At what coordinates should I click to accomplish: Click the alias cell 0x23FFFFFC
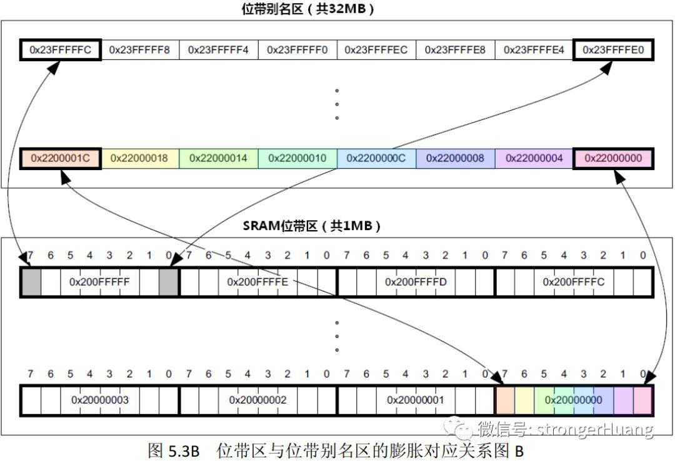click(60, 50)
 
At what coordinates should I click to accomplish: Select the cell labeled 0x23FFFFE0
click(613, 50)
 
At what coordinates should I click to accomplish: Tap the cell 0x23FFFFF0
click(297, 50)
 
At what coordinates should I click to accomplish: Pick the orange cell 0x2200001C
click(60, 158)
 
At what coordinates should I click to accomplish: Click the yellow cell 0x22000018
click(139, 158)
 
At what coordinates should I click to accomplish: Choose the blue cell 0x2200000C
click(376, 158)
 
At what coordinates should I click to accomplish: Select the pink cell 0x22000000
click(613, 158)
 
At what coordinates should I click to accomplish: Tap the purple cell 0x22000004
click(534, 158)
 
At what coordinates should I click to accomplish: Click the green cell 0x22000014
click(218, 158)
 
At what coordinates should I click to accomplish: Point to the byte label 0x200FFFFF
click(99, 281)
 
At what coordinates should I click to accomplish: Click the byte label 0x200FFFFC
click(573, 281)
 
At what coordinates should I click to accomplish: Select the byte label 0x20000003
click(100, 400)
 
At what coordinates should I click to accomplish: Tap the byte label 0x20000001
click(416, 400)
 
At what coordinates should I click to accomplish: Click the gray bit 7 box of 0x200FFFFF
click(31, 281)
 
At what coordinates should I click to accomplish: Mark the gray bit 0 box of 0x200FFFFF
click(168, 281)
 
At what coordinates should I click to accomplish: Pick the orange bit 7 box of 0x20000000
click(506, 400)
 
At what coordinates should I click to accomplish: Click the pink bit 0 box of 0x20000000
click(642, 400)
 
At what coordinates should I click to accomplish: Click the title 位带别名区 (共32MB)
click(307, 9)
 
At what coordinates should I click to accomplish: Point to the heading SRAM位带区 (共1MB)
click(312, 225)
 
